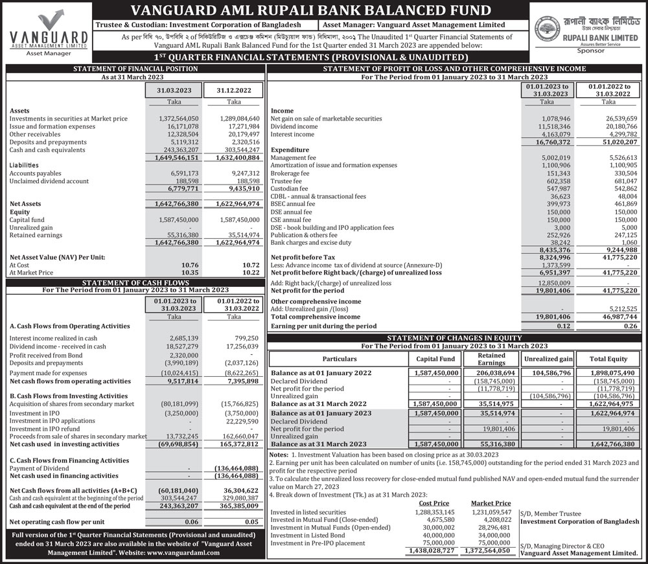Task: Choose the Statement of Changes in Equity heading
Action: (454, 338)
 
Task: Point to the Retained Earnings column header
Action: (491, 359)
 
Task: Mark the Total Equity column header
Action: (608, 359)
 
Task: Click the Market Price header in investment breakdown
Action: (491, 503)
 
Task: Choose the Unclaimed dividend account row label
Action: (49, 181)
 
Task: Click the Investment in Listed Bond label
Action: (308, 536)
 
